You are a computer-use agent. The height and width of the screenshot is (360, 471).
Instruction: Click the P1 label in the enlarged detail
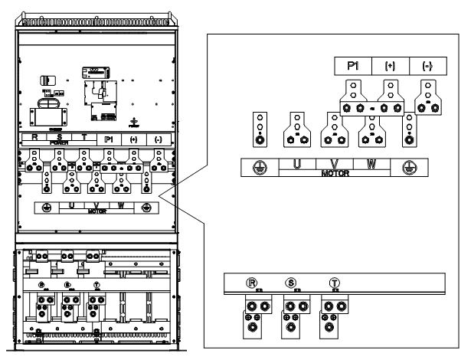click(353, 66)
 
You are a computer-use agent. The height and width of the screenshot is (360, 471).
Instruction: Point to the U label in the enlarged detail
click(295, 165)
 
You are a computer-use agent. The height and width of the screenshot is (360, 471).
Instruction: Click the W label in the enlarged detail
click(371, 165)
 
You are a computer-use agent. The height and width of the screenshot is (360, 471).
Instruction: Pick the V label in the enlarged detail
click(333, 165)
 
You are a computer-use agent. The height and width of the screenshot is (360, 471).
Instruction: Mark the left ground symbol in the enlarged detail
click(259, 169)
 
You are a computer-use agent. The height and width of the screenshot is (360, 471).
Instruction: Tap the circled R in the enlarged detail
click(253, 281)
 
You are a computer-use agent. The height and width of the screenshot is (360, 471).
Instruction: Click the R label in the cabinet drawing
click(34, 139)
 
